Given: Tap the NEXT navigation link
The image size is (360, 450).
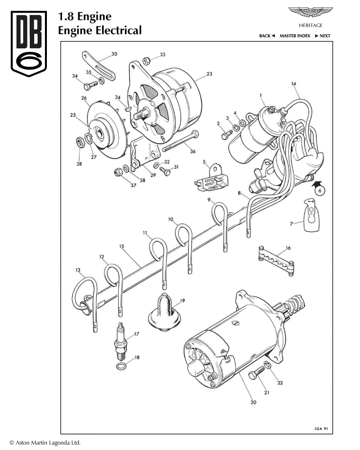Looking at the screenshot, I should pyautogui.click(x=322, y=36).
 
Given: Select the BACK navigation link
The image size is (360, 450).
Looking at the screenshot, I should pyautogui.click(x=267, y=36).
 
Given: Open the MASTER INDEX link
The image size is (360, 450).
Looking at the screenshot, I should pyautogui.click(x=295, y=36).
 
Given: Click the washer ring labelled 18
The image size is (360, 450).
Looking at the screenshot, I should pyautogui.click(x=121, y=366).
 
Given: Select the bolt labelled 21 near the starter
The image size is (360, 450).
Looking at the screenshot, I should pyautogui.click(x=256, y=377).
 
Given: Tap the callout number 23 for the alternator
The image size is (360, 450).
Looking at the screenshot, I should pyautogui.click(x=209, y=74).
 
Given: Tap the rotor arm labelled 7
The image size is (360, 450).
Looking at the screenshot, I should pyautogui.click(x=310, y=215).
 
